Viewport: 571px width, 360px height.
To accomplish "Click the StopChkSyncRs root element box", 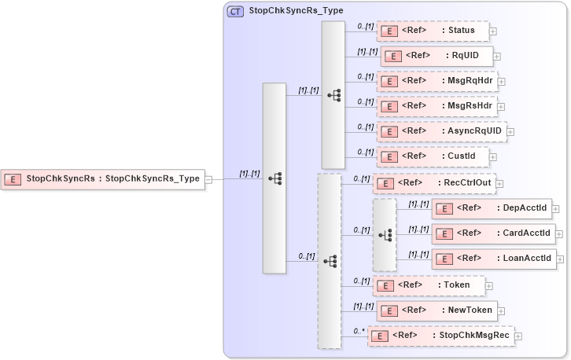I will [x=102, y=179].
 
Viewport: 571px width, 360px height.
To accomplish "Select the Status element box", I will [x=433, y=31].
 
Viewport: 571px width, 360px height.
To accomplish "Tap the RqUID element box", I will [x=437, y=57].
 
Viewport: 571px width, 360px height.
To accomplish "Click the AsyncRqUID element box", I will [x=440, y=131].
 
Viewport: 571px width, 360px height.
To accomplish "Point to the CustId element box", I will [x=433, y=156].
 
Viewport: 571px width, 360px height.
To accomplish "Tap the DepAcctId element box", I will [x=492, y=208].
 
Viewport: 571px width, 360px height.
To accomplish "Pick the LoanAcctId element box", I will [x=494, y=259].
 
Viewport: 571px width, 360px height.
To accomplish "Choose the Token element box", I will [x=429, y=285].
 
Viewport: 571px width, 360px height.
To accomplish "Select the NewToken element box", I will [x=437, y=310].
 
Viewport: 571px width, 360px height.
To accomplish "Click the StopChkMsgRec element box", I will [x=440, y=336].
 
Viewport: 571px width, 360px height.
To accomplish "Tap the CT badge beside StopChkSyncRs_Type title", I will [x=235, y=12].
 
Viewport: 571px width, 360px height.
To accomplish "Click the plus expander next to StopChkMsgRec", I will [x=518, y=336].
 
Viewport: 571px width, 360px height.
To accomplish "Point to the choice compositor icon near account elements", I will [x=385, y=234].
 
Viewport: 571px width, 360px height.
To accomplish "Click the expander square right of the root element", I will [x=208, y=179].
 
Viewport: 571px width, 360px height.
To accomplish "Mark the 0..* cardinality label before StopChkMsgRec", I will [x=359, y=331].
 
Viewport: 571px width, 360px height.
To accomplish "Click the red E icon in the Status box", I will [x=388, y=31].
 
